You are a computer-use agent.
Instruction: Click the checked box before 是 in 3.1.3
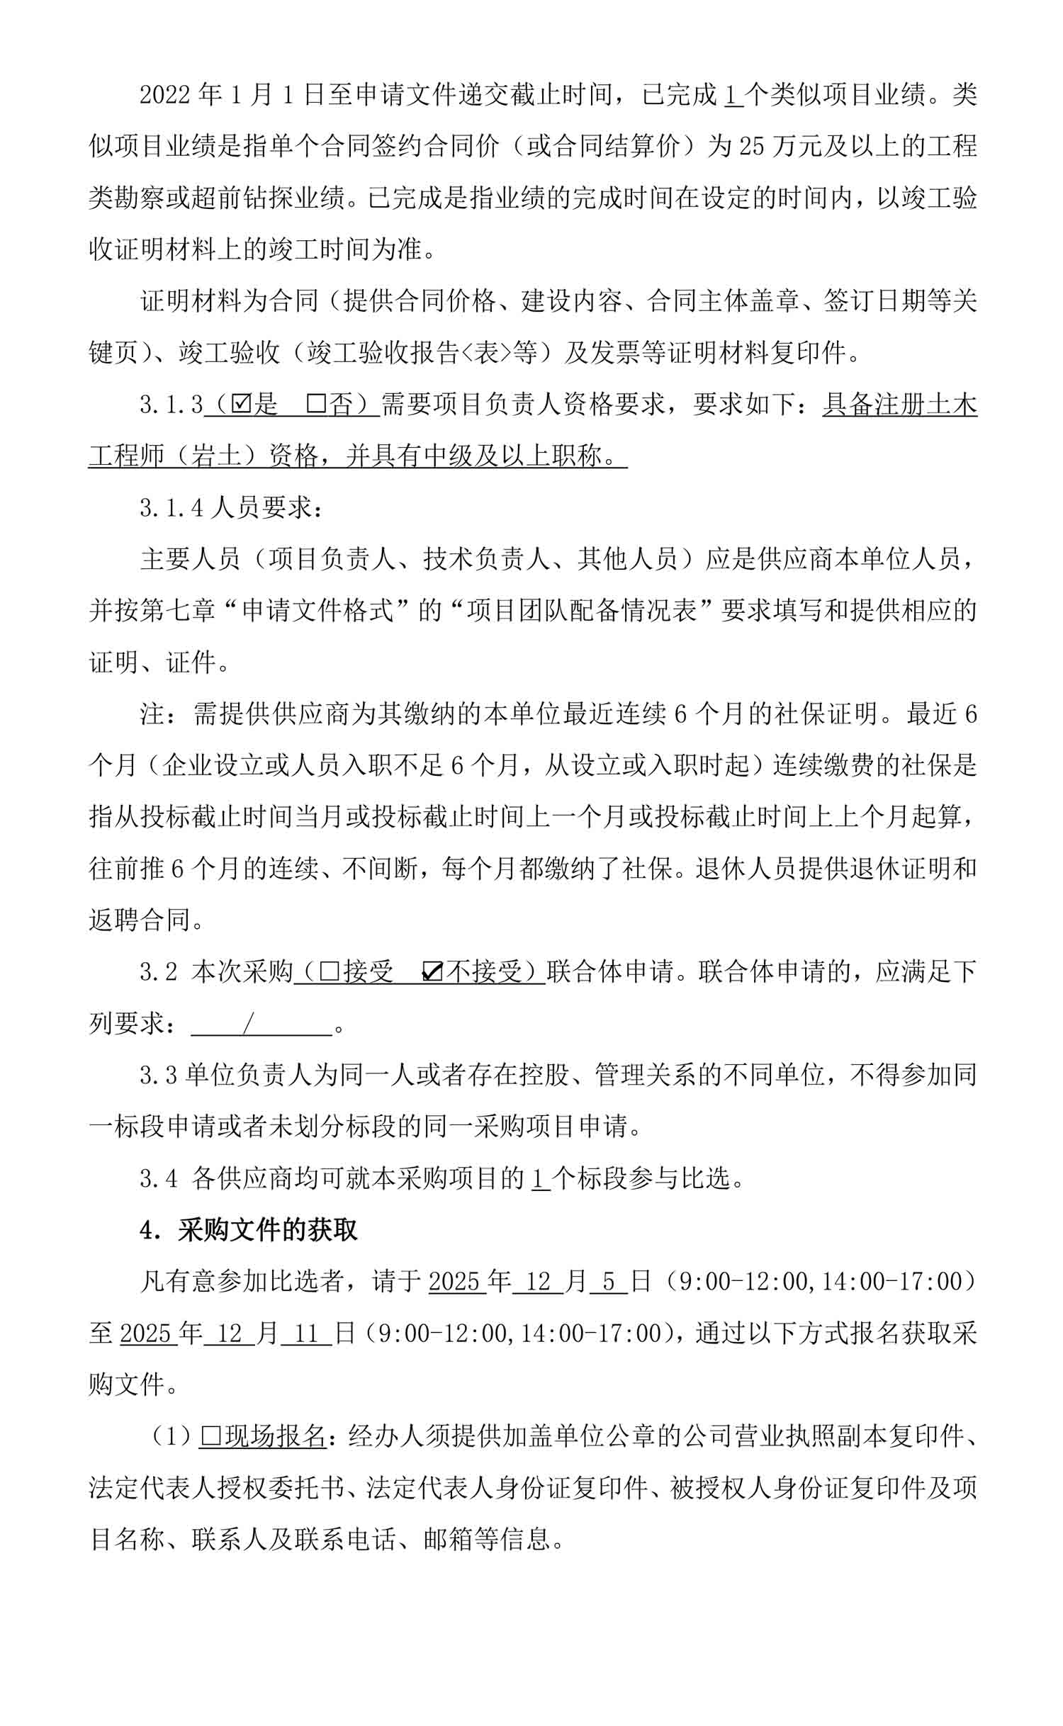click(242, 405)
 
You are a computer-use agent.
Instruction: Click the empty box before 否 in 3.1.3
click(316, 405)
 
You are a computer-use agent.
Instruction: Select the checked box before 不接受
click(432, 971)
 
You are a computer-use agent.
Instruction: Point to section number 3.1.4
click(171, 508)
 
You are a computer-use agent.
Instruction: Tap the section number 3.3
click(158, 1076)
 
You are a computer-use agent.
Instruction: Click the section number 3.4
click(158, 1178)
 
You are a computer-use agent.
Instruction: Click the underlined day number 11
click(306, 1333)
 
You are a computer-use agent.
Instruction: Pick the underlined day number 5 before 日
click(608, 1282)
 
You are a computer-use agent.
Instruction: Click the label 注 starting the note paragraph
click(152, 714)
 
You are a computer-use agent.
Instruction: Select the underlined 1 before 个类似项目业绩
click(732, 95)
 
